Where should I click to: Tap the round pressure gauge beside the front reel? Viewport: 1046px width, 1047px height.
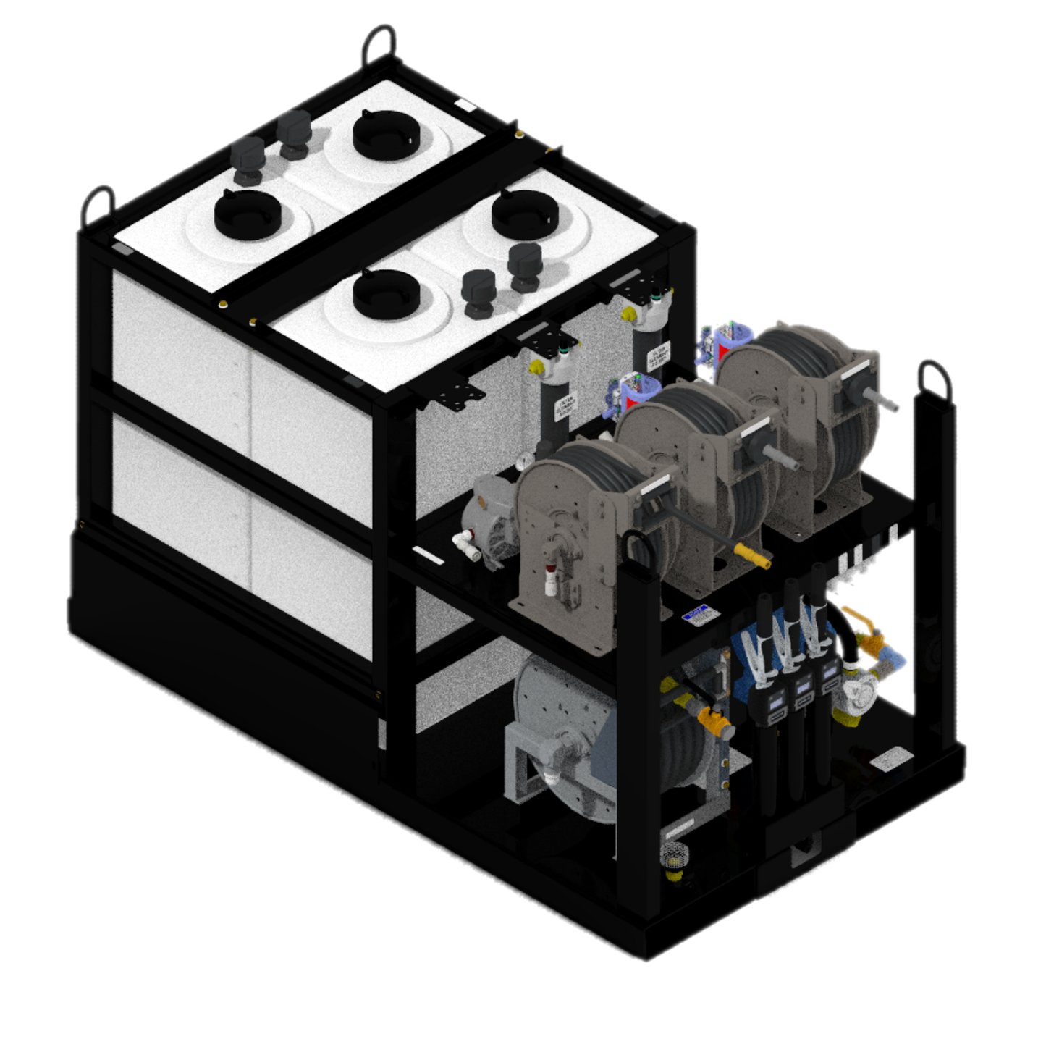coord(523,461)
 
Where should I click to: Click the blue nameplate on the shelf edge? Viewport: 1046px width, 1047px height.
coord(696,616)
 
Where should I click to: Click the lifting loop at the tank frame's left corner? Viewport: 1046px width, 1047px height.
coord(98,206)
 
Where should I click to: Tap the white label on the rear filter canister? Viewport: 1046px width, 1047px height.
coord(658,353)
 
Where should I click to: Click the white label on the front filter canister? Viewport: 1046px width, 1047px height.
coord(564,405)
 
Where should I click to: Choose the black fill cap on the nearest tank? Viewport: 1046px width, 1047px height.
coord(387,294)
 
